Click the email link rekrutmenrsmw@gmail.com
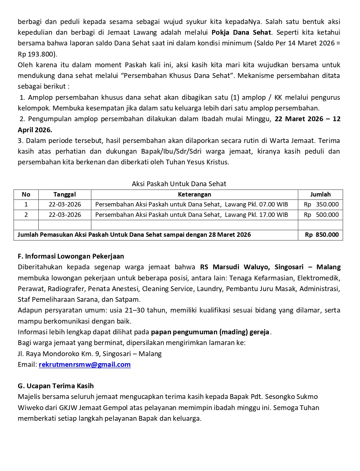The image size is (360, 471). pos(85,365)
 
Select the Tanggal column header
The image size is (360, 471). pos(65,195)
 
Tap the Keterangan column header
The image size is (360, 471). pos(194,195)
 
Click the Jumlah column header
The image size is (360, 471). pos(320,195)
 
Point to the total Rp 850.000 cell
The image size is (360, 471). pos(321,235)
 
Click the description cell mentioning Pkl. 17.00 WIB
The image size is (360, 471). pos(191,215)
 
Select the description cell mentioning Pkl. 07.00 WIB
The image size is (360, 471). pos(191,205)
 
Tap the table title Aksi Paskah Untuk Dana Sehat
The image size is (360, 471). pos(179,184)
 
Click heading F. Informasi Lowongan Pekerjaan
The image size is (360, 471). pos(71,256)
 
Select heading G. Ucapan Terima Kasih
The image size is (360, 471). pos(56,386)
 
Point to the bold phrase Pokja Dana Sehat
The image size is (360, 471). pos(241,33)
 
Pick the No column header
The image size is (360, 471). pos(26,195)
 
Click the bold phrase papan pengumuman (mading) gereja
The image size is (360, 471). pos(210,332)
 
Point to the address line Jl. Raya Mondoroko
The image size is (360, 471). pos(90,354)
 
